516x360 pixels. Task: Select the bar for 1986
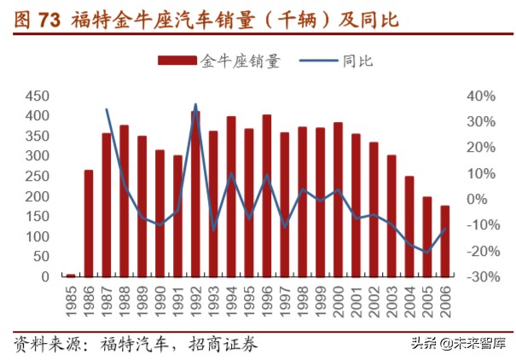[89, 224]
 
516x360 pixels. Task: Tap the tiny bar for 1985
[71, 275]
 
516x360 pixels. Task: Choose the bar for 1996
[267, 196]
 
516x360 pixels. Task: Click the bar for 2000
[338, 200]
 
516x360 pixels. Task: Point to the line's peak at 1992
[195, 105]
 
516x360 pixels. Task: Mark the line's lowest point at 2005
[426, 252]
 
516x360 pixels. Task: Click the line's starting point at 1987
[107, 109]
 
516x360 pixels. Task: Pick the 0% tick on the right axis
[478, 200]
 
